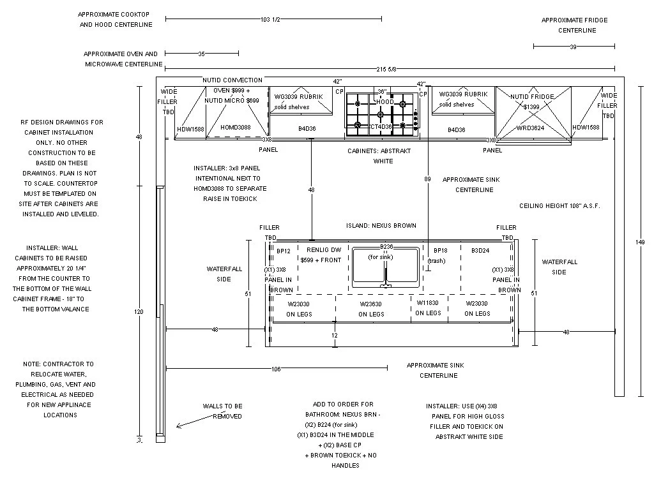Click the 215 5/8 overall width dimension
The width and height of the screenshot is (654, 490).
tap(385, 69)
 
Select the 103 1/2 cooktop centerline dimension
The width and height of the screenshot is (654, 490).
tap(270, 20)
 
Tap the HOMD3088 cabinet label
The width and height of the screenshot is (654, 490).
tap(236, 128)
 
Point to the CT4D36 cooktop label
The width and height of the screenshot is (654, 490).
tap(382, 127)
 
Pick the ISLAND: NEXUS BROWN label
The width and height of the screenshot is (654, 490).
tap(381, 226)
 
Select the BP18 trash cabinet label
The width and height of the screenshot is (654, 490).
tap(441, 251)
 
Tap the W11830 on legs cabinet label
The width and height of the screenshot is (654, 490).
tap(428, 303)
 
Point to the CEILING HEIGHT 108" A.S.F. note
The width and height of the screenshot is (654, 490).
tap(559, 206)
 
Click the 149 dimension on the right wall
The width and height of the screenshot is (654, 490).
tap(641, 242)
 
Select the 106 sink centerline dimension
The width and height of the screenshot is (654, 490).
tap(276, 368)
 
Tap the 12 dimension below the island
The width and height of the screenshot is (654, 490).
tap(335, 335)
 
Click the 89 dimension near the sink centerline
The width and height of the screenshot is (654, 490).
tap(427, 180)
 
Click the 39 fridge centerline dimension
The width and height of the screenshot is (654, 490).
tap(573, 47)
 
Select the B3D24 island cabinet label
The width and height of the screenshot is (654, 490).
tap(480, 251)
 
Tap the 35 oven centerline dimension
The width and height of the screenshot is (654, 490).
tap(201, 54)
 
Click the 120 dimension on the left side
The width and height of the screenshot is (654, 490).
tap(139, 312)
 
